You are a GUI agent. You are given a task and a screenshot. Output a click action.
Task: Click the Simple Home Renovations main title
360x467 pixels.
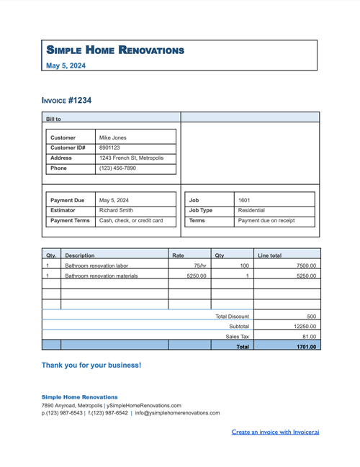115,50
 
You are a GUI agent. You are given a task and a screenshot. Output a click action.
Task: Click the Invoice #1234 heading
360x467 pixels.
67,101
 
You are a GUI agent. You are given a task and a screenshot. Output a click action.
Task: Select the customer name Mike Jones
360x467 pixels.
112,137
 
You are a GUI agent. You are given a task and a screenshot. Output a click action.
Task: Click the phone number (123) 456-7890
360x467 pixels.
117,168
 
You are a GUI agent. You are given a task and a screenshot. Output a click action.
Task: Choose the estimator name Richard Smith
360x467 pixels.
116,211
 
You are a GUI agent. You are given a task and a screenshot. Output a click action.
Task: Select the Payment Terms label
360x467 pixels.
71,221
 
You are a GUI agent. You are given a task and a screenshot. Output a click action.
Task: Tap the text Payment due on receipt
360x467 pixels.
266,221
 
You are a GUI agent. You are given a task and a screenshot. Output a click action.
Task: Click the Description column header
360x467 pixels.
79,255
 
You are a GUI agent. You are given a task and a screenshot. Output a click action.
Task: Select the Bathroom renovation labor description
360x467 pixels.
96,266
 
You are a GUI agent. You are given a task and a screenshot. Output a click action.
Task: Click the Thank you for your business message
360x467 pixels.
91,366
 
